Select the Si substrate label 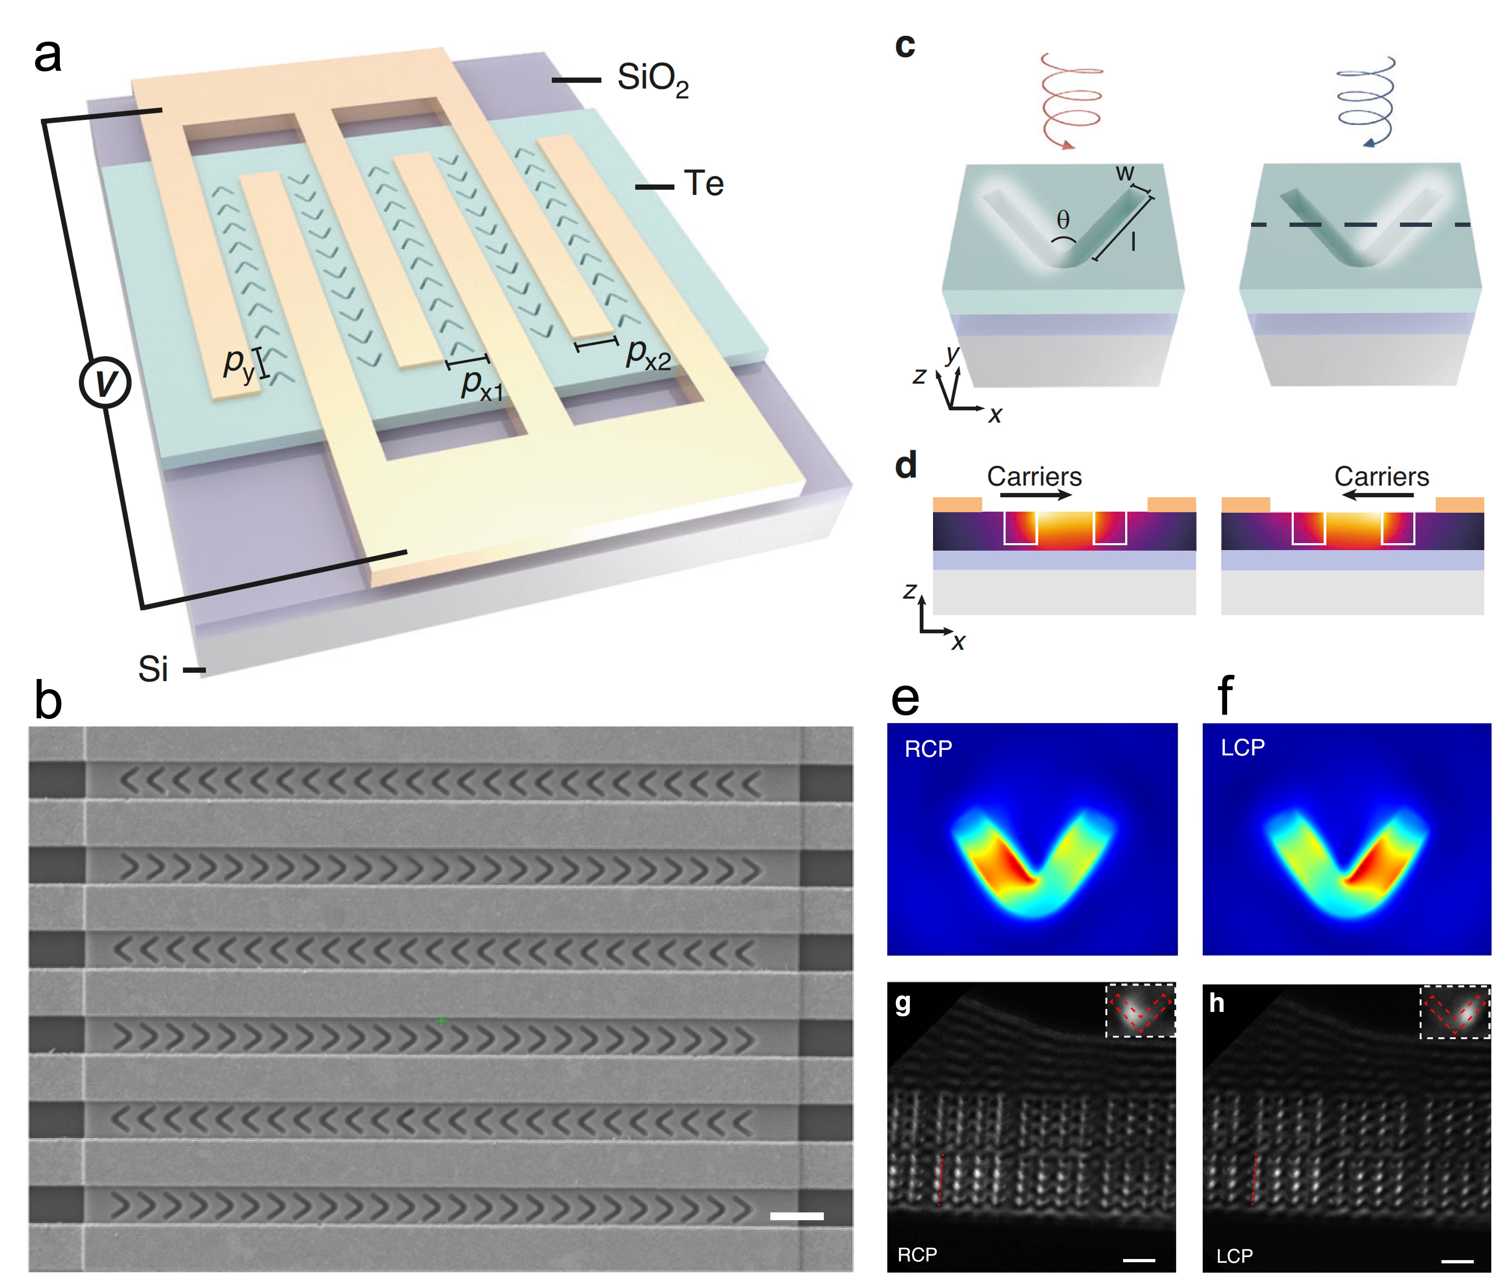153,669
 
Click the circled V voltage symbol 105,382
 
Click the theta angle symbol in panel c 1063,220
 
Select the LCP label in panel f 1243,747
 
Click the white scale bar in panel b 797,1216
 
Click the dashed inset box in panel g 1140,1010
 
